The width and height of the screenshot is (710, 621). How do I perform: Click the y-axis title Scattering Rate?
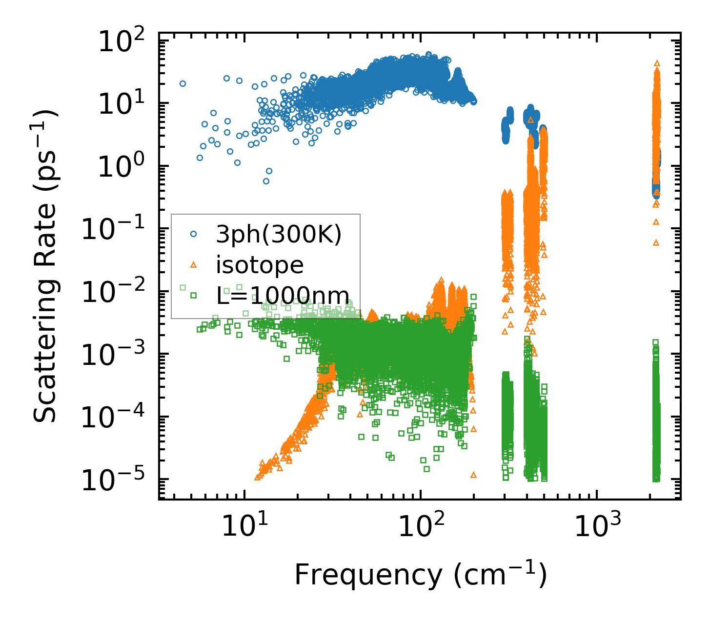pos(46,266)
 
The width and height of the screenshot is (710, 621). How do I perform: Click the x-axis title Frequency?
pos(420,575)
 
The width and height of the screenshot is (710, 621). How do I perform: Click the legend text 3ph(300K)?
pos(279,235)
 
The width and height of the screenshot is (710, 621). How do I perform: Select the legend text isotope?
pos(260,265)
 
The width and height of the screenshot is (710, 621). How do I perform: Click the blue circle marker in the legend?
pos(194,234)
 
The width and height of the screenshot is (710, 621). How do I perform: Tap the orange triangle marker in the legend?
pos(194,264)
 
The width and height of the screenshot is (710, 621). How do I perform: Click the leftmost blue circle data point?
pos(183,83)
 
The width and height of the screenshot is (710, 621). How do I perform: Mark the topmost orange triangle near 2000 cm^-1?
pos(657,63)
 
